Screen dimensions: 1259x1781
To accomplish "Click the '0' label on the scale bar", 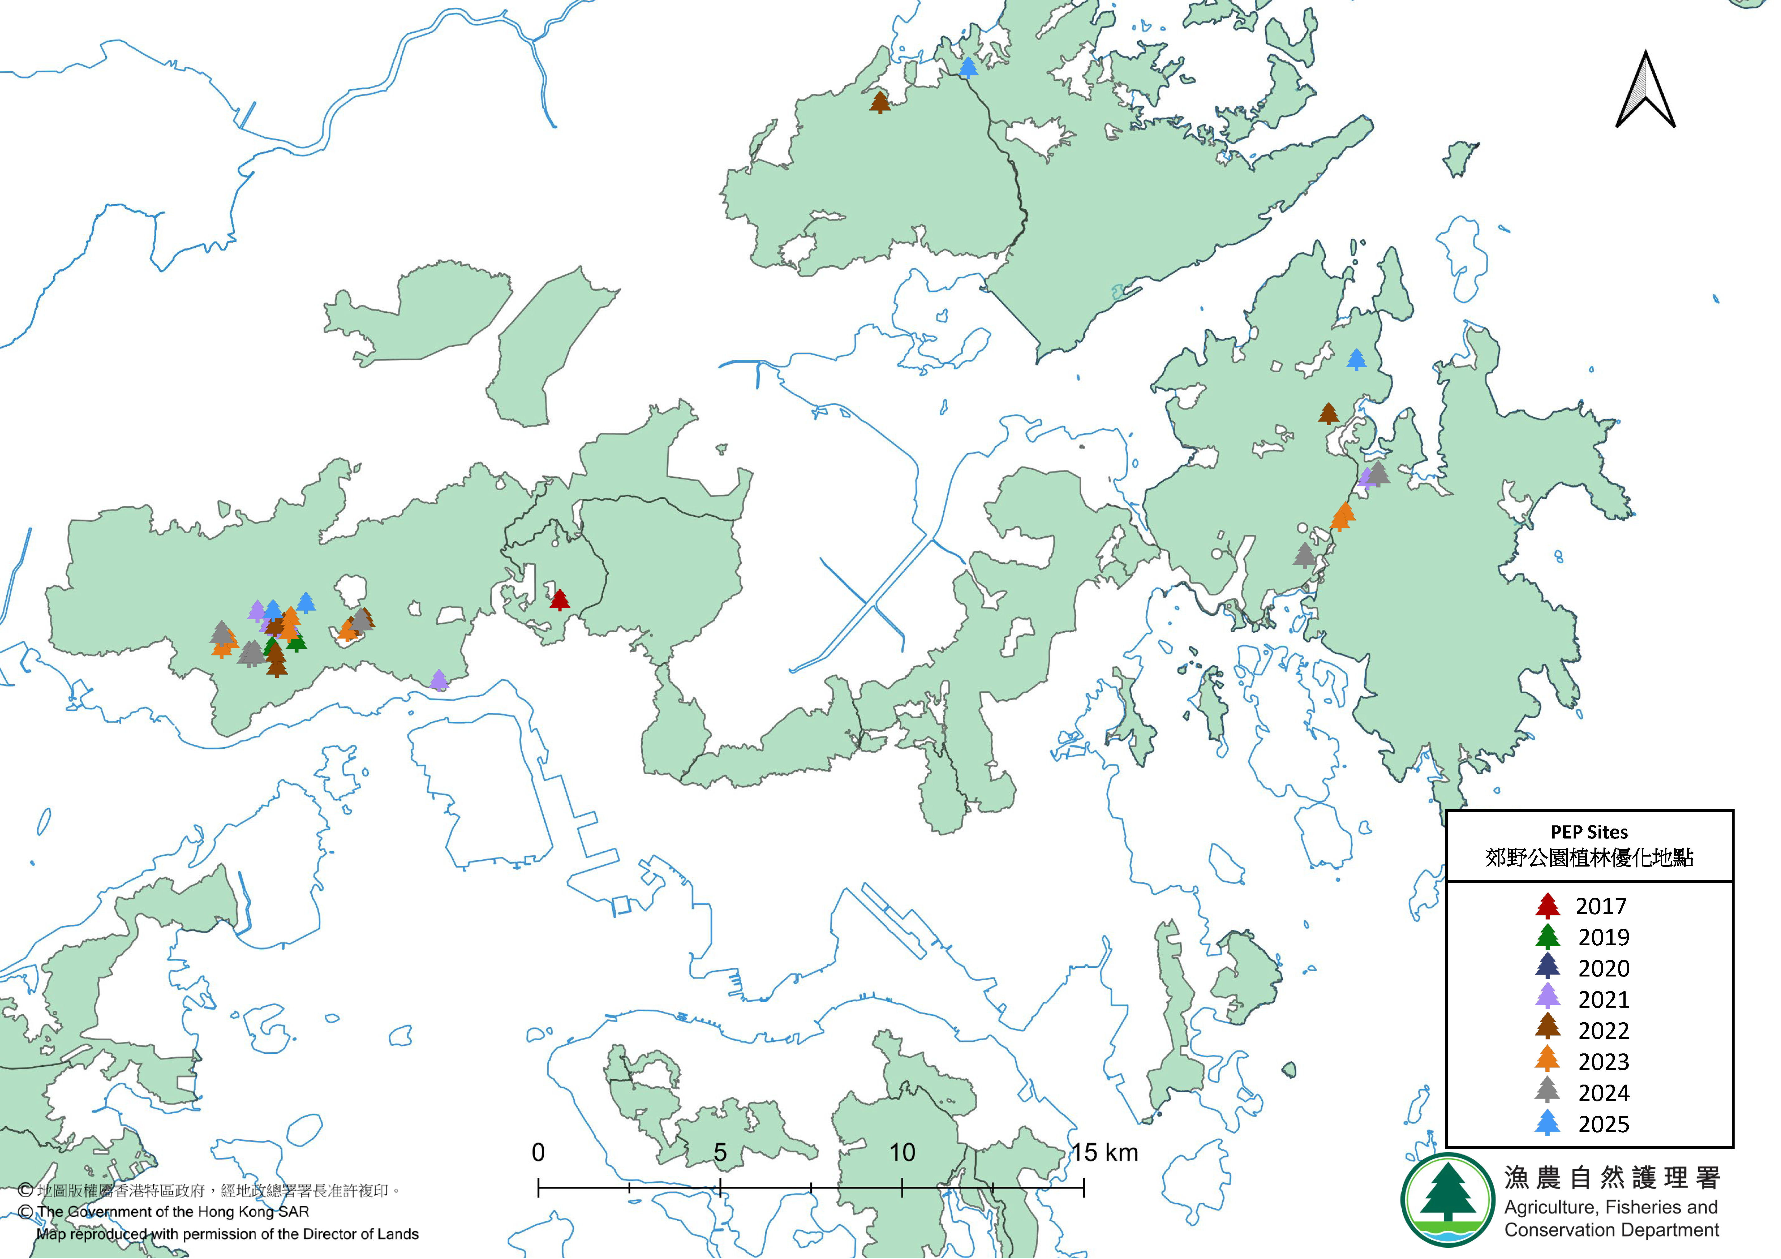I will click(538, 1153).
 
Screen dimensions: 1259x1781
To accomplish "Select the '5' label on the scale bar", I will click(720, 1153).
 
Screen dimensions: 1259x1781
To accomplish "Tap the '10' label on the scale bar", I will click(902, 1153).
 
